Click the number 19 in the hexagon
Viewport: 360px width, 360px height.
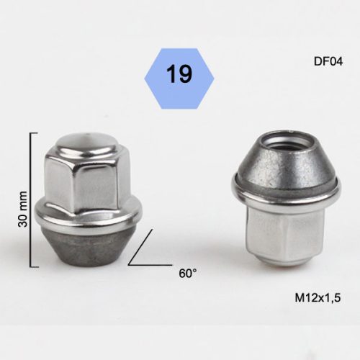pyautogui.click(x=179, y=74)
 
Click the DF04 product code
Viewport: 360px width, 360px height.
pyautogui.click(x=328, y=62)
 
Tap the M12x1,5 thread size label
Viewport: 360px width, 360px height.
pyautogui.click(x=318, y=298)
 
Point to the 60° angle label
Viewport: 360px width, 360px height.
pyautogui.click(x=188, y=274)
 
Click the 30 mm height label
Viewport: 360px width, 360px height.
pyautogui.click(x=23, y=209)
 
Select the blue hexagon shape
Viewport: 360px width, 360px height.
pyautogui.click(x=179, y=78)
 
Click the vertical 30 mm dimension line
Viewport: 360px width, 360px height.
pyautogui.click(x=30, y=199)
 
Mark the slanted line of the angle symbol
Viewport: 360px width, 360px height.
pyautogui.click(x=140, y=247)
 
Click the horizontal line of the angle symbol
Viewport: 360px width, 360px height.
pyautogui.click(x=150, y=265)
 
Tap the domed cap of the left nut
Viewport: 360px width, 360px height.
pyautogui.click(x=88, y=143)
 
